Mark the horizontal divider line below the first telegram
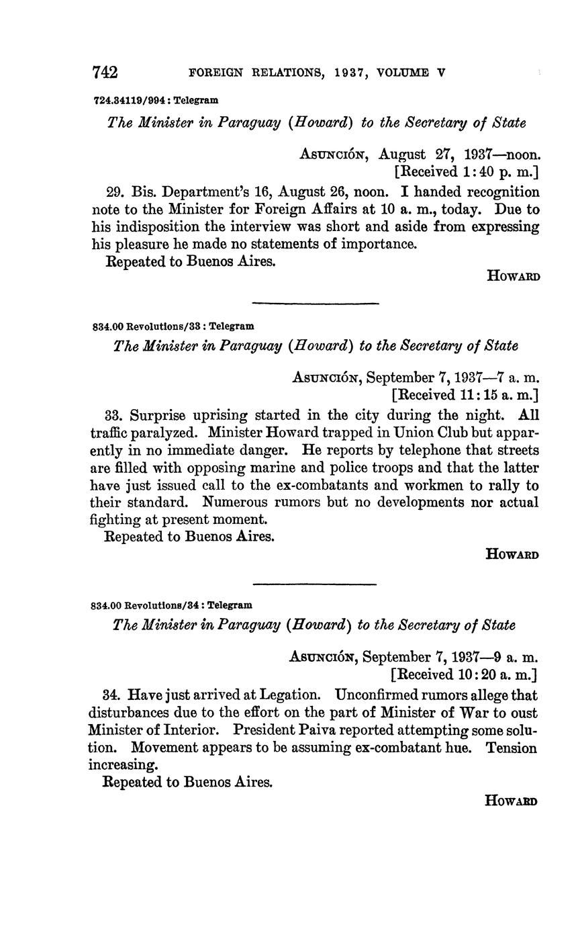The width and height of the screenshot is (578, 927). [315, 304]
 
